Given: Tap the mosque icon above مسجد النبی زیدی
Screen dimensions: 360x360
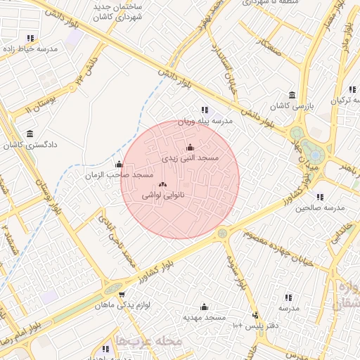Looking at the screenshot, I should (x=189, y=148).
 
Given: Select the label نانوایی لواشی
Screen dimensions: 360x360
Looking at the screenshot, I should (x=163, y=195).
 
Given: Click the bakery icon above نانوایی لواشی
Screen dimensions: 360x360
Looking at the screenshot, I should (x=163, y=184).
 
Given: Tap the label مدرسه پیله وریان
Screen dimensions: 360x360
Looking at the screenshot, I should (x=205, y=121).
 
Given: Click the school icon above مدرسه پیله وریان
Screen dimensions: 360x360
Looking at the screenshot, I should (x=205, y=110).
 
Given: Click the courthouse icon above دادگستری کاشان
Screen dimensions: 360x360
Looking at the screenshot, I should (x=30, y=134).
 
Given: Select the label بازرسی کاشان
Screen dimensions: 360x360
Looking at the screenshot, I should (x=292, y=106).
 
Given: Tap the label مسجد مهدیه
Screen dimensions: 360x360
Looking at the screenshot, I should (x=205, y=317).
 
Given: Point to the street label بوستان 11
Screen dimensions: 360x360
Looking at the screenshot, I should (x=39, y=106).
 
